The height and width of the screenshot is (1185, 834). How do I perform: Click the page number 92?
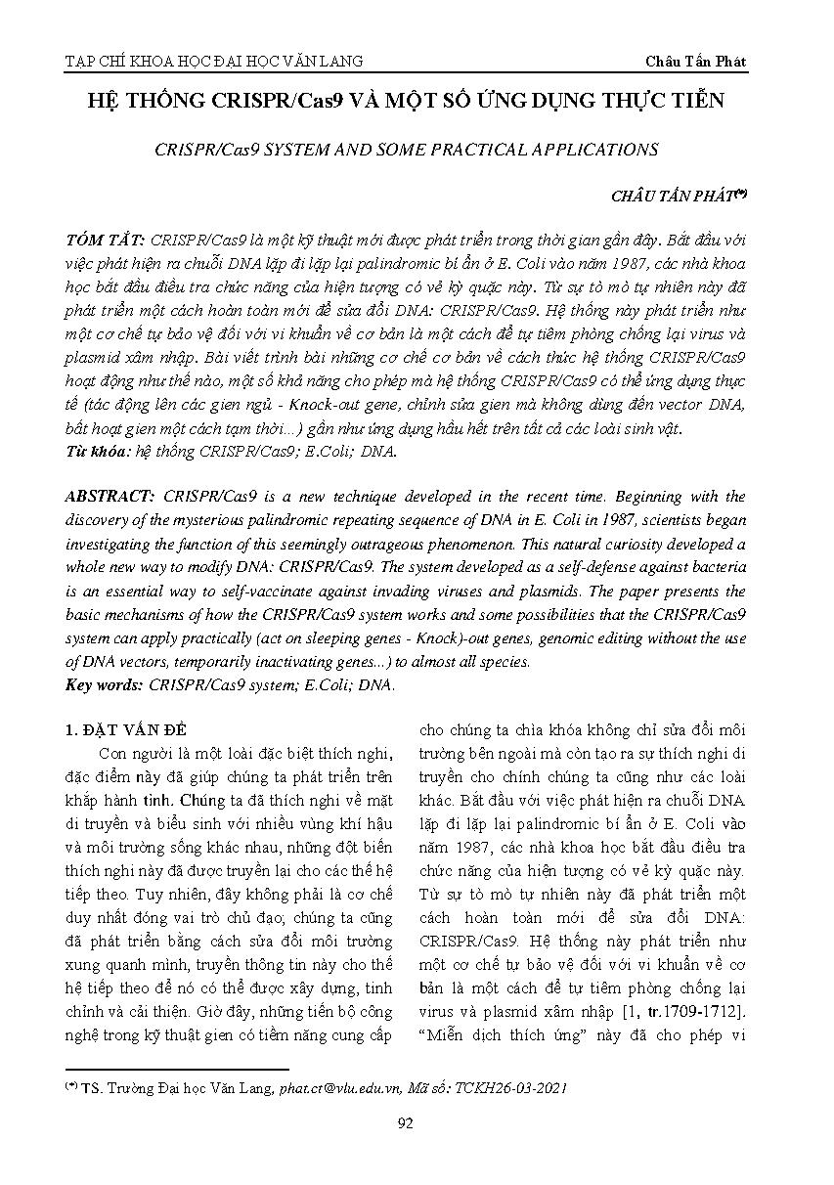pyautogui.click(x=406, y=1122)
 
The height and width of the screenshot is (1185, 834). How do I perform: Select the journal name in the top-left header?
pyautogui.click(x=213, y=61)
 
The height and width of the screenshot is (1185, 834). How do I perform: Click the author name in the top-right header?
pyautogui.click(x=695, y=61)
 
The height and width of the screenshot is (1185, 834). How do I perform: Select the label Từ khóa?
pyautogui.click(x=99, y=454)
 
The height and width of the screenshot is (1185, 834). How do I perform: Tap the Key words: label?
pyautogui.click(x=104, y=684)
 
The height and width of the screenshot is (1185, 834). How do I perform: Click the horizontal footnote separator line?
pyautogui.click(x=177, y=1070)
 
